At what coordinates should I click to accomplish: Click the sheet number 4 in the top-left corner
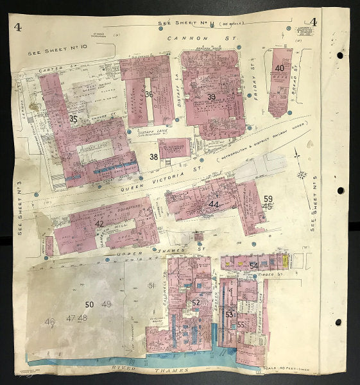pos(17,27)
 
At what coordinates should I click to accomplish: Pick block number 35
pos(73,119)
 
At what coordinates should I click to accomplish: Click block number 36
pos(149,94)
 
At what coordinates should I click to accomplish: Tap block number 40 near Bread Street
pos(279,68)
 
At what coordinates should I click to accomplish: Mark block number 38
pos(154,156)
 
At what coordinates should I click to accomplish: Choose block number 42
pos(99,223)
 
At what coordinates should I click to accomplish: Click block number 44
pos(213,204)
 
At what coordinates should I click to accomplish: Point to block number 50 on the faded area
pos(89,304)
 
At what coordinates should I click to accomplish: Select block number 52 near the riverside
pos(196,302)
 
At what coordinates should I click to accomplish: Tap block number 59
pos(268,199)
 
